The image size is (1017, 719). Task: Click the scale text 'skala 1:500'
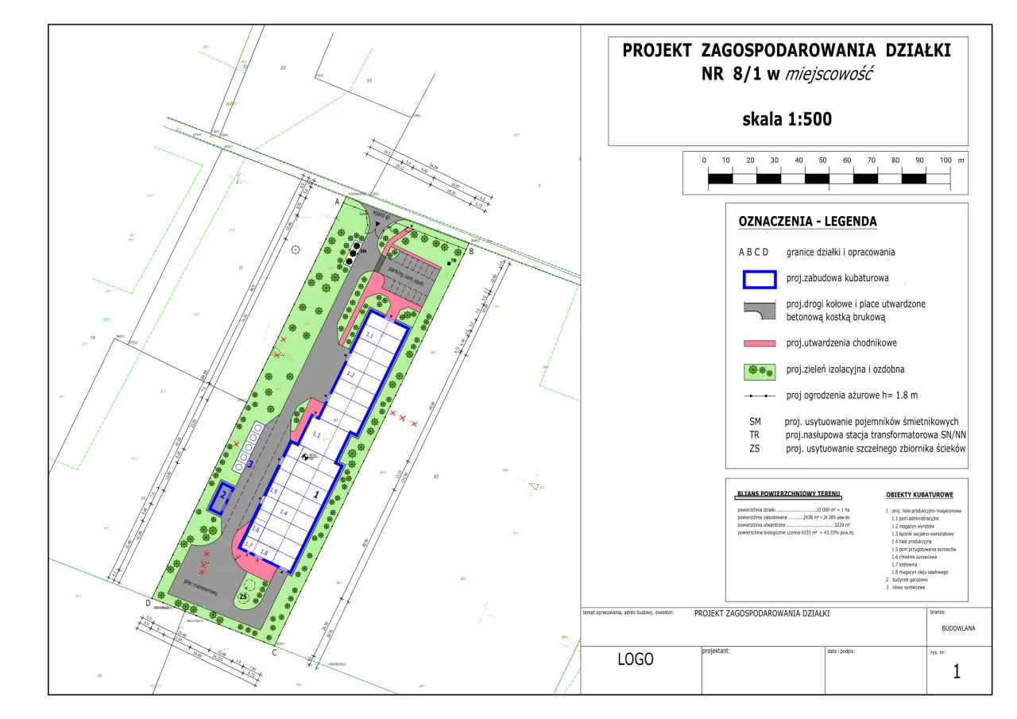click(786, 120)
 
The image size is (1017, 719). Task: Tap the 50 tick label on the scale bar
click(822, 160)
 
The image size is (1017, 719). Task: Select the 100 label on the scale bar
click(945, 160)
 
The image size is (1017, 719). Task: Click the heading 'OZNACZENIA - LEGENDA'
click(807, 222)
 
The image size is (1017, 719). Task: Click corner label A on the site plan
click(337, 203)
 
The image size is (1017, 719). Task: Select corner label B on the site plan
click(470, 252)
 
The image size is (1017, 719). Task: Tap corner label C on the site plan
click(274, 653)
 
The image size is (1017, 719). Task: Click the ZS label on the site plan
click(244, 597)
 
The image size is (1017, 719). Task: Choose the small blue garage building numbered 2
click(222, 497)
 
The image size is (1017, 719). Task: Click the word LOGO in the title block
click(636, 659)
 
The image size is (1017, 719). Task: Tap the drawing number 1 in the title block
click(957, 671)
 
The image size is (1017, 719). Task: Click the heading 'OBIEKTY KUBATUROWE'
click(919, 495)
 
